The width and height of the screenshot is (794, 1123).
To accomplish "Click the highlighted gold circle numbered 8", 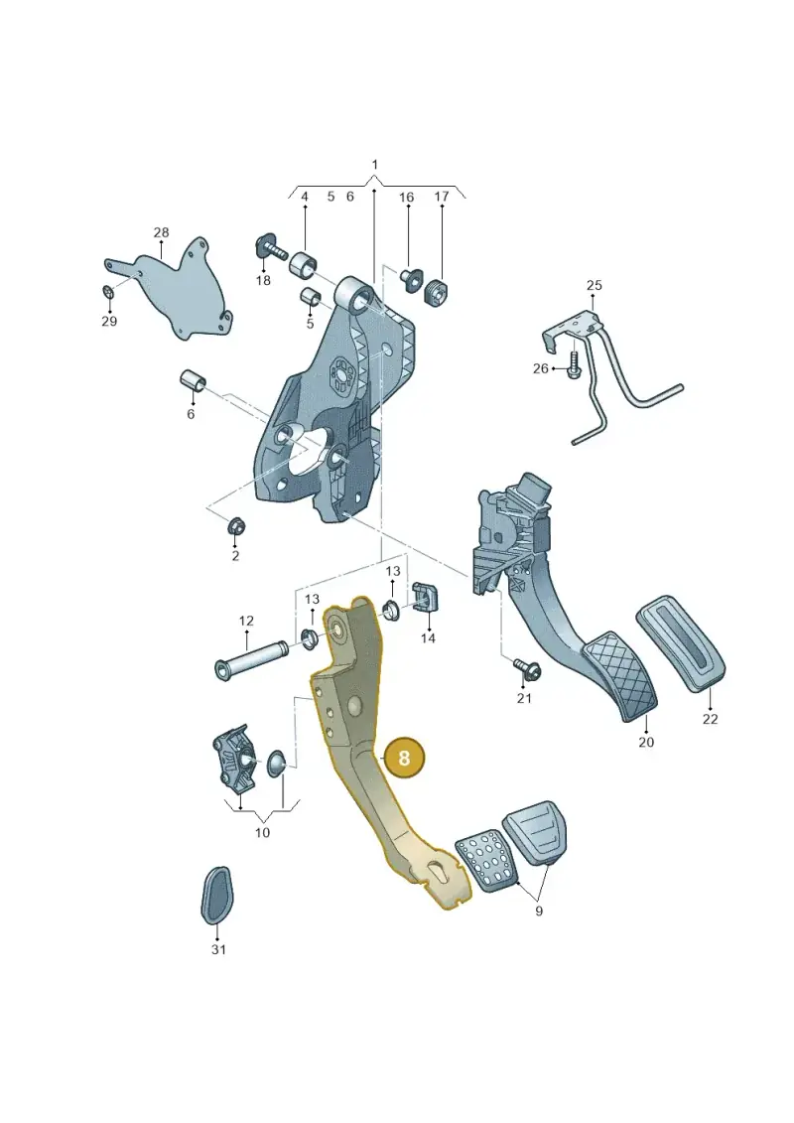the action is [405, 758].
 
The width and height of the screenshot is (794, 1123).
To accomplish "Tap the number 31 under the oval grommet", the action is [218, 949].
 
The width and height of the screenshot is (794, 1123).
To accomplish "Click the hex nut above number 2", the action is [235, 526].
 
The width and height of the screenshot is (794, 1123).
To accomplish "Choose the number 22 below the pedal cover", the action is [710, 718].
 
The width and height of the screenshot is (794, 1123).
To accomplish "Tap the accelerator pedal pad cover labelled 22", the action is [681, 642].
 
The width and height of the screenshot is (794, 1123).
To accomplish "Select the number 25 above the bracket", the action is [595, 285].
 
